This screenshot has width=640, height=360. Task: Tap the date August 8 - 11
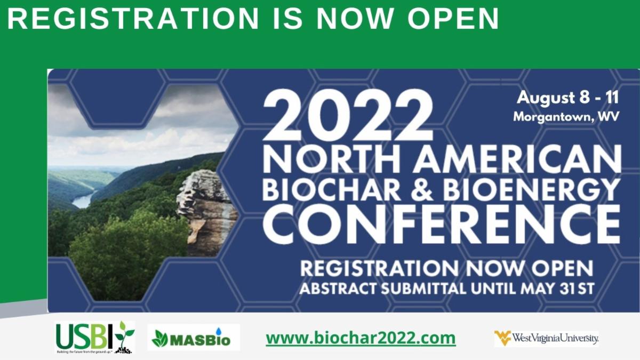click(x=568, y=98)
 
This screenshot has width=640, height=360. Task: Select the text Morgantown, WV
click(x=566, y=116)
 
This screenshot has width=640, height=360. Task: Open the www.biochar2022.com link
click(x=361, y=338)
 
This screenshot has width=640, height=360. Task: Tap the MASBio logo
click(x=194, y=338)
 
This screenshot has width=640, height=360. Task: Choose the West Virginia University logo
click(x=547, y=338)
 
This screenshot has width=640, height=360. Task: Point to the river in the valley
click(x=83, y=201)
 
